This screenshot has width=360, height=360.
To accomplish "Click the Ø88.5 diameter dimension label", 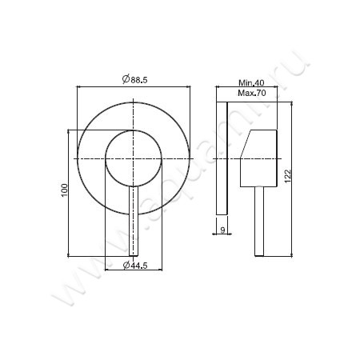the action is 134,79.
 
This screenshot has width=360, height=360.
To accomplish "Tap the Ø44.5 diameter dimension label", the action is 135,265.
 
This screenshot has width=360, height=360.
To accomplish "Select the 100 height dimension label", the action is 65,190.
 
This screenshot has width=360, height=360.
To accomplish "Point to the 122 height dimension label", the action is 288,176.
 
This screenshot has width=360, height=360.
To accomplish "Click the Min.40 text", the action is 251,82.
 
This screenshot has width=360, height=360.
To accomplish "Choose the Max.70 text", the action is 252,93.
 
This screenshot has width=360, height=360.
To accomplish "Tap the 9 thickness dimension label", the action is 223,230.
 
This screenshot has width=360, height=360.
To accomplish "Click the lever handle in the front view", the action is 134,221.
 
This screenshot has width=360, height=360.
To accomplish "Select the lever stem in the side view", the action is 259,222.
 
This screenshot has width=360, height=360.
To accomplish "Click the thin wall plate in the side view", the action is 222,158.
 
